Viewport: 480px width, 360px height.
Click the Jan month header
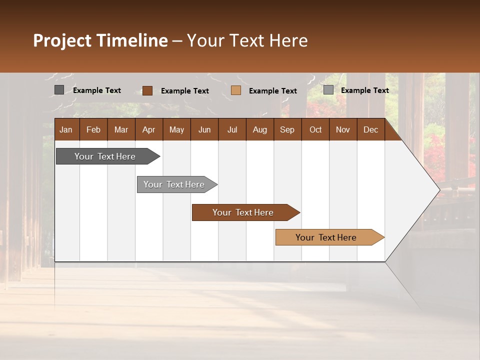[66, 129]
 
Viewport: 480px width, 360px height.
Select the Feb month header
[93, 129]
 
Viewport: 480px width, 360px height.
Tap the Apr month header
[148, 129]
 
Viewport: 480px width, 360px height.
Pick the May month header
[176, 129]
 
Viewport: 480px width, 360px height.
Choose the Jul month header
[232, 129]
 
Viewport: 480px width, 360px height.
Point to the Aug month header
[259, 129]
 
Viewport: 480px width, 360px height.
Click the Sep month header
[287, 129]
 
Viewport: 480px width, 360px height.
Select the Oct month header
[315, 129]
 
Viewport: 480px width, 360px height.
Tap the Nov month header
[343, 129]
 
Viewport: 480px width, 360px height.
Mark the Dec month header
[370, 129]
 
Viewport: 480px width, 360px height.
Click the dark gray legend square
[59, 90]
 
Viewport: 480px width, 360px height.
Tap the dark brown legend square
[147, 90]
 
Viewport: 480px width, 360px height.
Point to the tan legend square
[236, 90]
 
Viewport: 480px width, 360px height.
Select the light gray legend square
[328, 90]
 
